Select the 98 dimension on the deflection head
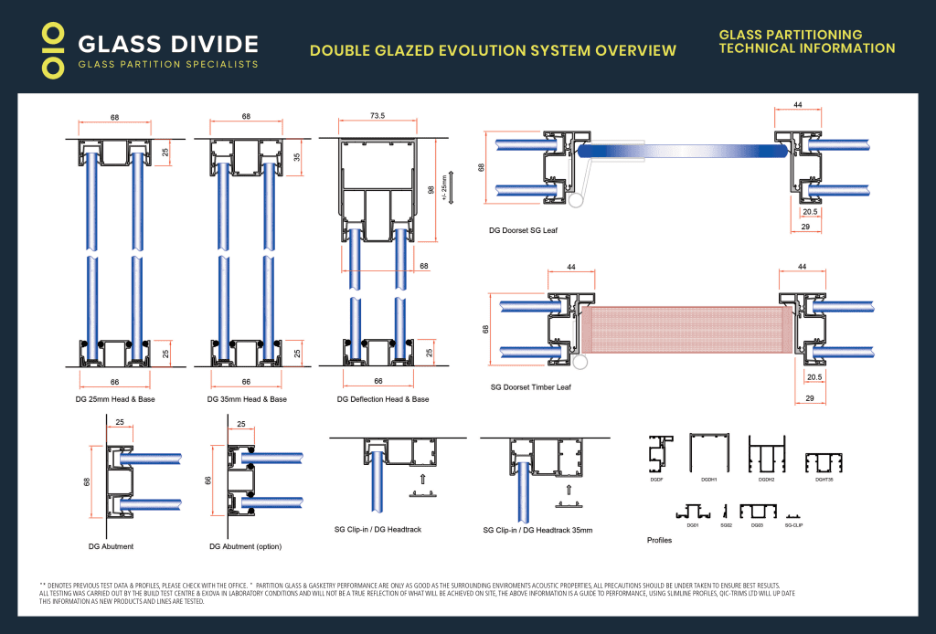(429, 189)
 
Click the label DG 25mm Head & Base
(114, 399)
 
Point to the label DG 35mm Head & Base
(246, 399)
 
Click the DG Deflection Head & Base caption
(383, 399)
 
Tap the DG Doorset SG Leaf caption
(524, 230)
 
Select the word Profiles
(660, 540)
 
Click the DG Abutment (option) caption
(245, 546)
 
